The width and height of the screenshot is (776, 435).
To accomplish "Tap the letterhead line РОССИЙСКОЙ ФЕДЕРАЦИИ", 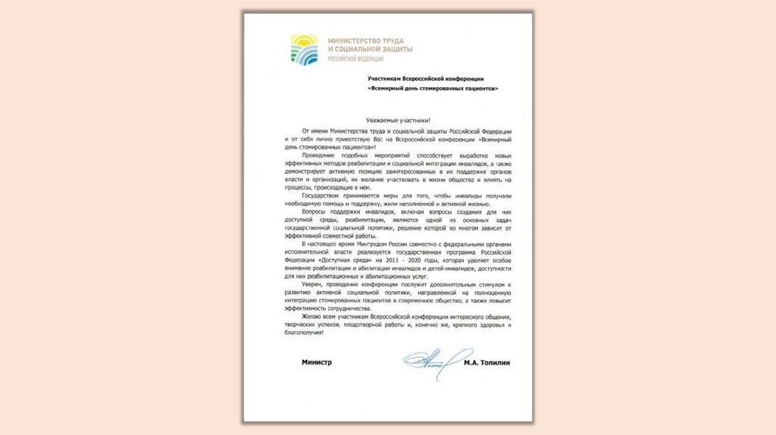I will point(354,58).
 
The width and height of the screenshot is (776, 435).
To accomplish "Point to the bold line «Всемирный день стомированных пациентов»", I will point(433,88).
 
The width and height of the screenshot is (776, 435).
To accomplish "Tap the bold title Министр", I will point(317,363).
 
